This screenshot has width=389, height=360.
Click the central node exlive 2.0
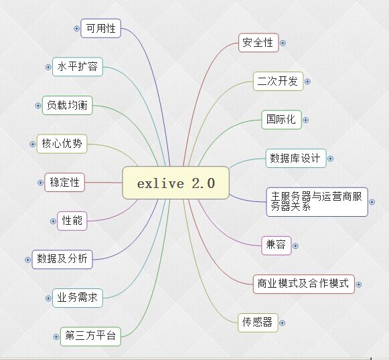175,183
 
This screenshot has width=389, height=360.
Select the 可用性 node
100,28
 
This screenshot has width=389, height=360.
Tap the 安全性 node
258,43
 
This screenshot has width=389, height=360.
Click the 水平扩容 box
78,67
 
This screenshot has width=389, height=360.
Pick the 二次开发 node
278,81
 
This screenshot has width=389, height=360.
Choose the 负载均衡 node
67,105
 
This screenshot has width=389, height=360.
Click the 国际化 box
281,120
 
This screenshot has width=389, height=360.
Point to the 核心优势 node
62,144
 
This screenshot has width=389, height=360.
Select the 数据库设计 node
296,158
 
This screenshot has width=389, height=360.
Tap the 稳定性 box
64,183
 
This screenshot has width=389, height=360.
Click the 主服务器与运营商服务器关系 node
317,202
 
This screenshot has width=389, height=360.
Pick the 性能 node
72,221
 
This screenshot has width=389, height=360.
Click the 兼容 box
276,246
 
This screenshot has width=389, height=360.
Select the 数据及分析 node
62,260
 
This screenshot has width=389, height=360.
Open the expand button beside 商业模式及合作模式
358,284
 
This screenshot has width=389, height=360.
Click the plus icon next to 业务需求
48,298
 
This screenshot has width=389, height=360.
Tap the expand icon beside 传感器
282,323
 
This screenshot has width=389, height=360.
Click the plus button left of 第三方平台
56,337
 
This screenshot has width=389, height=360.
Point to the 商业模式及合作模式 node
304,284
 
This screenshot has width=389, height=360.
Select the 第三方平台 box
90,337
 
